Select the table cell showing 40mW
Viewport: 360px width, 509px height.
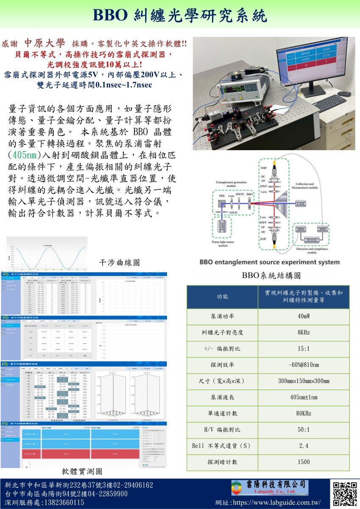tap(303, 316)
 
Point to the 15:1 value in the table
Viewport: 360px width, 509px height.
tap(303, 349)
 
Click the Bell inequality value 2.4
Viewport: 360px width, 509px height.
tap(303, 446)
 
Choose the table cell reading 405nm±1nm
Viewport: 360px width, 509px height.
tap(303, 397)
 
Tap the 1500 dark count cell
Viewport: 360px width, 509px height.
tap(303, 462)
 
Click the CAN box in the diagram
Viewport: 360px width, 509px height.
tap(300, 204)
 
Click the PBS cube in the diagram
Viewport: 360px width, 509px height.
tap(222, 203)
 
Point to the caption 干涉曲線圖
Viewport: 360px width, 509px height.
tap(119, 263)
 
